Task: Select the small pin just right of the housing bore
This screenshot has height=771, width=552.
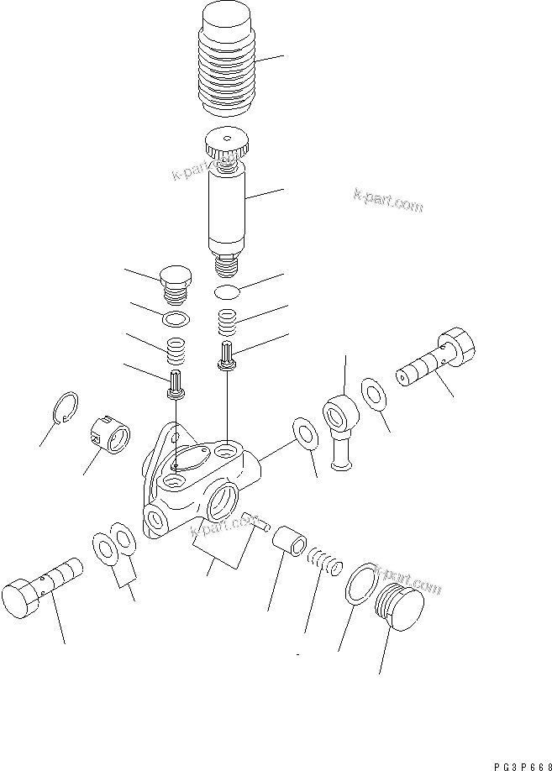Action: click(253, 521)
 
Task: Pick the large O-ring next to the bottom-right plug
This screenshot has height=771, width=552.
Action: click(358, 585)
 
